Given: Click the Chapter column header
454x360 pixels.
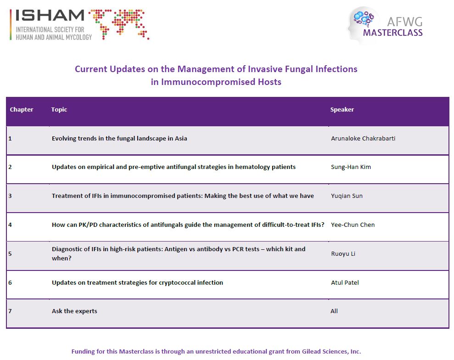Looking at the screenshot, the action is [x=22, y=109].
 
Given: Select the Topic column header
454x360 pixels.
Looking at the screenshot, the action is [x=59, y=109].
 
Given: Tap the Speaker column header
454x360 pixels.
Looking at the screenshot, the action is [x=342, y=109].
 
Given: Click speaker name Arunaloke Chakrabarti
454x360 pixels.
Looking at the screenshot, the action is [x=363, y=138].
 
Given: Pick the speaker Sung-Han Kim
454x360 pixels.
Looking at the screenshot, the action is [x=351, y=167].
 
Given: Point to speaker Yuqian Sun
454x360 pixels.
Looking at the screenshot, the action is [x=347, y=196].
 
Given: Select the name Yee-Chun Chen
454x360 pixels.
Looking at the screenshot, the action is [x=353, y=225].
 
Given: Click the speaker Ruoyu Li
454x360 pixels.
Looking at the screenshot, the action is [x=343, y=254].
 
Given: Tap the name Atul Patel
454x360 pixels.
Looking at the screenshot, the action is [x=345, y=283].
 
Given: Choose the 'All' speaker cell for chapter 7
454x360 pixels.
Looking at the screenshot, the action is [x=334, y=311].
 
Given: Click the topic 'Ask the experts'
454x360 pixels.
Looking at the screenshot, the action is [x=74, y=311].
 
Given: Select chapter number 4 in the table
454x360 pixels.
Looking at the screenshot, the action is [x=10, y=225].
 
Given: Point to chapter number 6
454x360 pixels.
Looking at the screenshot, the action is [x=10, y=283].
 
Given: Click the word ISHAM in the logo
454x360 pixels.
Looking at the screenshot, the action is [x=50, y=16].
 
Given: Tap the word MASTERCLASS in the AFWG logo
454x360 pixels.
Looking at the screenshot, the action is [x=393, y=33].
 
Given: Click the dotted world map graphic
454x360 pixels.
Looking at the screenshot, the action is [x=119, y=24].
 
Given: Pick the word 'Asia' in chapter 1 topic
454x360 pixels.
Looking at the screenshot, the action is [x=181, y=138].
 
